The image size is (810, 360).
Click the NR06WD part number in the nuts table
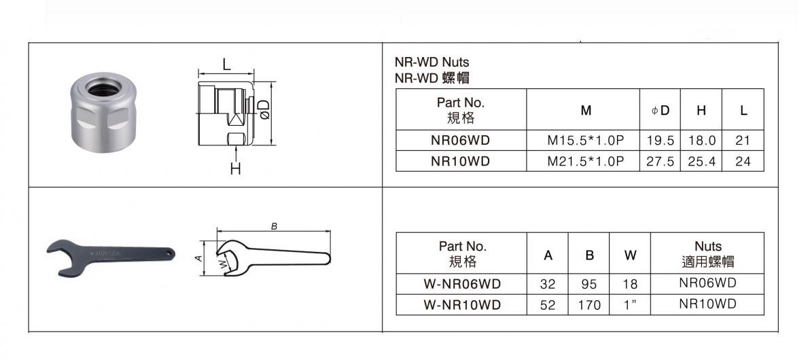coord(460,141)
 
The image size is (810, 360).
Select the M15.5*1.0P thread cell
coord(586,141)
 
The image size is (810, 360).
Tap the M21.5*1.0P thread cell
coord(586,161)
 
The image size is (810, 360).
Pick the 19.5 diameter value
coord(660,141)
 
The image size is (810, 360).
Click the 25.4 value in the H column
coord(701,161)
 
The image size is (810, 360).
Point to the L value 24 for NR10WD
coord(743,161)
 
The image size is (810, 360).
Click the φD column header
coord(661,110)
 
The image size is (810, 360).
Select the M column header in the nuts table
coord(586,110)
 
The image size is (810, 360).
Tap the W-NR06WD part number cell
coord(462,284)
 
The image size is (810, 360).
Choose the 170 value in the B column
coord(588,305)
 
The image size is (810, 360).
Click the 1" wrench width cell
coord(630,305)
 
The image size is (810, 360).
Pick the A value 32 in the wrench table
coord(548,284)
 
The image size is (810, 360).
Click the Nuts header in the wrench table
coord(707,253)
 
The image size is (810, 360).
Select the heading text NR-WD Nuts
coord(432,62)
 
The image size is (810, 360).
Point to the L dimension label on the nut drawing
coord(227,65)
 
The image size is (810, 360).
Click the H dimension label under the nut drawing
coord(235,169)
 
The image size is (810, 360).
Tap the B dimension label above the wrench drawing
coord(274,227)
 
